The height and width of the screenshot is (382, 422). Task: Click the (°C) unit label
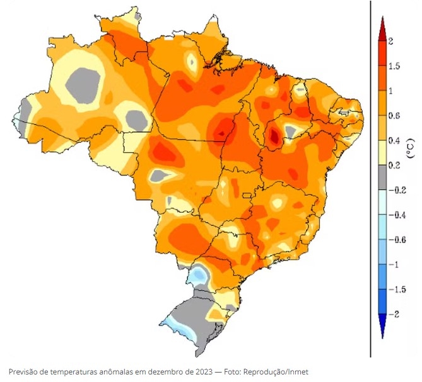click(410, 147)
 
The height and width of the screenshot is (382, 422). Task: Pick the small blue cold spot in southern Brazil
click(199, 274)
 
